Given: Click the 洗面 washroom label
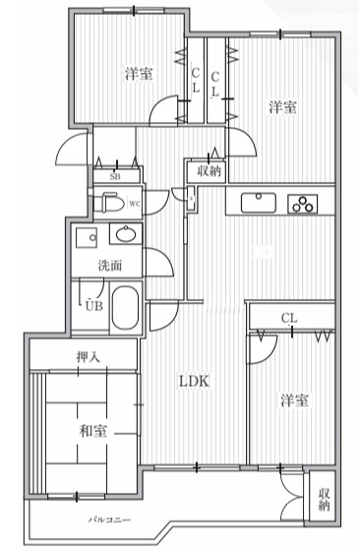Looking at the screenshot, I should click(x=108, y=265).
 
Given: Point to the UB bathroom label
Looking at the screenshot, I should click(x=93, y=306).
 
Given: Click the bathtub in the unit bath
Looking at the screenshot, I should click(x=125, y=308).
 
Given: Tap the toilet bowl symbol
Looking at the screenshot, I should click(x=111, y=204).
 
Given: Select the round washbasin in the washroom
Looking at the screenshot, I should click(x=126, y=236).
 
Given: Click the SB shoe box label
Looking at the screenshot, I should click(x=115, y=176).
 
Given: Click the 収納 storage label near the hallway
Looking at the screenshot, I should click(x=209, y=171).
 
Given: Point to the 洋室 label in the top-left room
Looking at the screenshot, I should click(x=138, y=74).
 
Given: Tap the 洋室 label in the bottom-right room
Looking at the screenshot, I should click(x=295, y=400).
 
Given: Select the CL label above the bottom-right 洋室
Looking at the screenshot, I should click(x=289, y=318).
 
